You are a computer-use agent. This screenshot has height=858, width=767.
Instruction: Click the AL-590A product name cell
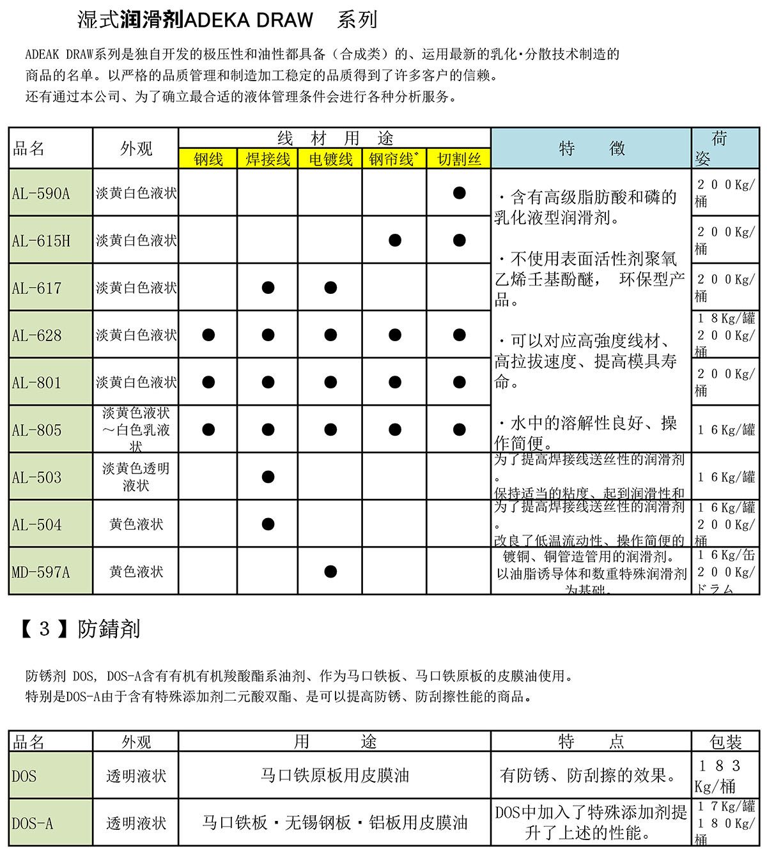pyautogui.click(x=51, y=193)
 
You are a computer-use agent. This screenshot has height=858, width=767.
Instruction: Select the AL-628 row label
pyautogui.click(x=51, y=335)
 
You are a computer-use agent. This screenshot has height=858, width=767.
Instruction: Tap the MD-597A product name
pyautogui.click(x=51, y=571)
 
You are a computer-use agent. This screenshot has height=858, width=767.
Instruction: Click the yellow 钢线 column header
pyautogui.click(x=208, y=159)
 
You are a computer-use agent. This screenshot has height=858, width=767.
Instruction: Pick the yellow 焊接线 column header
pyautogui.click(x=268, y=159)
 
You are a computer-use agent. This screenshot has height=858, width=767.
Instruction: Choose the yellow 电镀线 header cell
pyautogui.click(x=330, y=159)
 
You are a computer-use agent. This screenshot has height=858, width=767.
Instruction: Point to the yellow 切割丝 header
pyautogui.click(x=459, y=159)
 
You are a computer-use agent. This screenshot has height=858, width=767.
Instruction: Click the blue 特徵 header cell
pyautogui.click(x=591, y=148)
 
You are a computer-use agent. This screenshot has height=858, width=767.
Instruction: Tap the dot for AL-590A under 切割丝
pyautogui.click(x=459, y=193)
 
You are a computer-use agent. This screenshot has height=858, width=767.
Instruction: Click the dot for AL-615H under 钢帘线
pyautogui.click(x=395, y=240)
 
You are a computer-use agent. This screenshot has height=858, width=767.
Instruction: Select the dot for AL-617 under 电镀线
pyautogui.click(x=330, y=287)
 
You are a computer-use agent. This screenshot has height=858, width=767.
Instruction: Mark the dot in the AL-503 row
pyautogui.click(x=268, y=477)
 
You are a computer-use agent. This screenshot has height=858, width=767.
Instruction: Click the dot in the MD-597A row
pyautogui.click(x=330, y=571)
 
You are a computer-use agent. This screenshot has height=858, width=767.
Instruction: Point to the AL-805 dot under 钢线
pyautogui.click(x=208, y=429)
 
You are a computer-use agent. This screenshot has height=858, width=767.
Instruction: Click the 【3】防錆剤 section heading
pyautogui.click(x=81, y=629)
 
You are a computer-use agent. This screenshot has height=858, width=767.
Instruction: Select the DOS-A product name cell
pyautogui.click(x=51, y=823)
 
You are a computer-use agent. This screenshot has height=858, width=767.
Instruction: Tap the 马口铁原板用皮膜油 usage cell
pyautogui.click(x=334, y=776)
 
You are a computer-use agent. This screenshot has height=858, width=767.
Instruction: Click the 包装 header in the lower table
pyautogui.click(x=725, y=742)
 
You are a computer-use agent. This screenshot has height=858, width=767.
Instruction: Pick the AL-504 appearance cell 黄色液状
pyautogui.click(x=136, y=524)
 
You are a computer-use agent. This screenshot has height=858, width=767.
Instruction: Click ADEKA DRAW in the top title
pyautogui.click(x=249, y=20)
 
